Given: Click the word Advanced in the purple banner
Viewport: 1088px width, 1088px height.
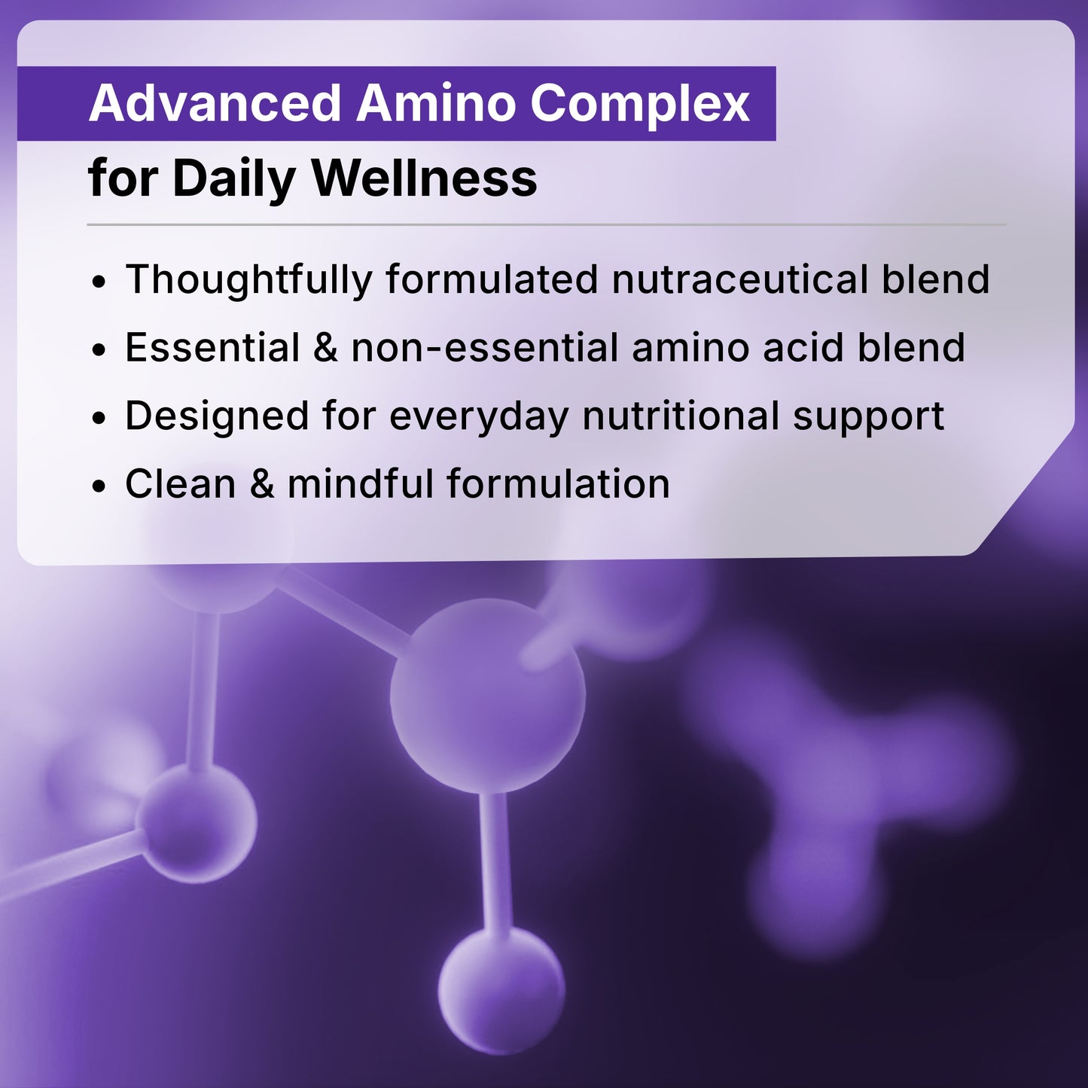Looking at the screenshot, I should pos(215,103).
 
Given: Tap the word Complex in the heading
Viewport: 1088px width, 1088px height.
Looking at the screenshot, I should pos(639,103).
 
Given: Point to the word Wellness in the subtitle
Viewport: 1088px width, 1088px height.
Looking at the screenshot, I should pos(424,178).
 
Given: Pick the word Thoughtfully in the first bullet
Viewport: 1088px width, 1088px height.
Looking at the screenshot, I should pos(248,279).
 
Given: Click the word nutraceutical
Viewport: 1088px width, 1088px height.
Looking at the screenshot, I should pos(740,279).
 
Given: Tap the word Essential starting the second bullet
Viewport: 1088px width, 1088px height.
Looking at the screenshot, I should pos(213,348).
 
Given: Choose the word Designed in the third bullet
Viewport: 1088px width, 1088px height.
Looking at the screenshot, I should pos(217,416).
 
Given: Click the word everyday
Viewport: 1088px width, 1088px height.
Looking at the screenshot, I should pos(479,416).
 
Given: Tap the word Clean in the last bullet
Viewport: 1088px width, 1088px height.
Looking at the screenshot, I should pos(181,483).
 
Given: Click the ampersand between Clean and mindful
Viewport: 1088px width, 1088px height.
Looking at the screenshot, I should pos(262,484).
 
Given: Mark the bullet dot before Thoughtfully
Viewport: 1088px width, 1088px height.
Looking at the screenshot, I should pos(99,283).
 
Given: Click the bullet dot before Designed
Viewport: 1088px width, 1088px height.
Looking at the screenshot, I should pos(99,419).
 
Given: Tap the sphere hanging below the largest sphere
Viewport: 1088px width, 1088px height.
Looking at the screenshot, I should pos(501,989).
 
